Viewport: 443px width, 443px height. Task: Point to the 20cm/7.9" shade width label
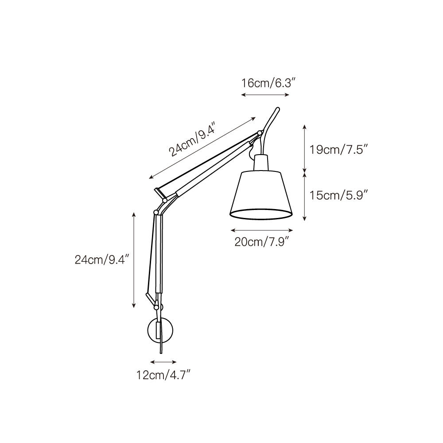click(x=262, y=242)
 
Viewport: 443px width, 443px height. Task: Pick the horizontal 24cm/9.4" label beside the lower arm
click(x=101, y=260)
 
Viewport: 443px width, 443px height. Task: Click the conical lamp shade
click(x=261, y=195)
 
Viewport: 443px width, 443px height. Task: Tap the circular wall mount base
click(x=160, y=330)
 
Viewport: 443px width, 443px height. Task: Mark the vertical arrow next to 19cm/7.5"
click(x=304, y=149)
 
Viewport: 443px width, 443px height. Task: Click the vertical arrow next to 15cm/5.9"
click(x=304, y=196)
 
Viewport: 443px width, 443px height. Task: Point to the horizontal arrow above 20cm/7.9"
click(x=262, y=230)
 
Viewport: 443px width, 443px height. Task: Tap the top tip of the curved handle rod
click(x=278, y=109)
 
